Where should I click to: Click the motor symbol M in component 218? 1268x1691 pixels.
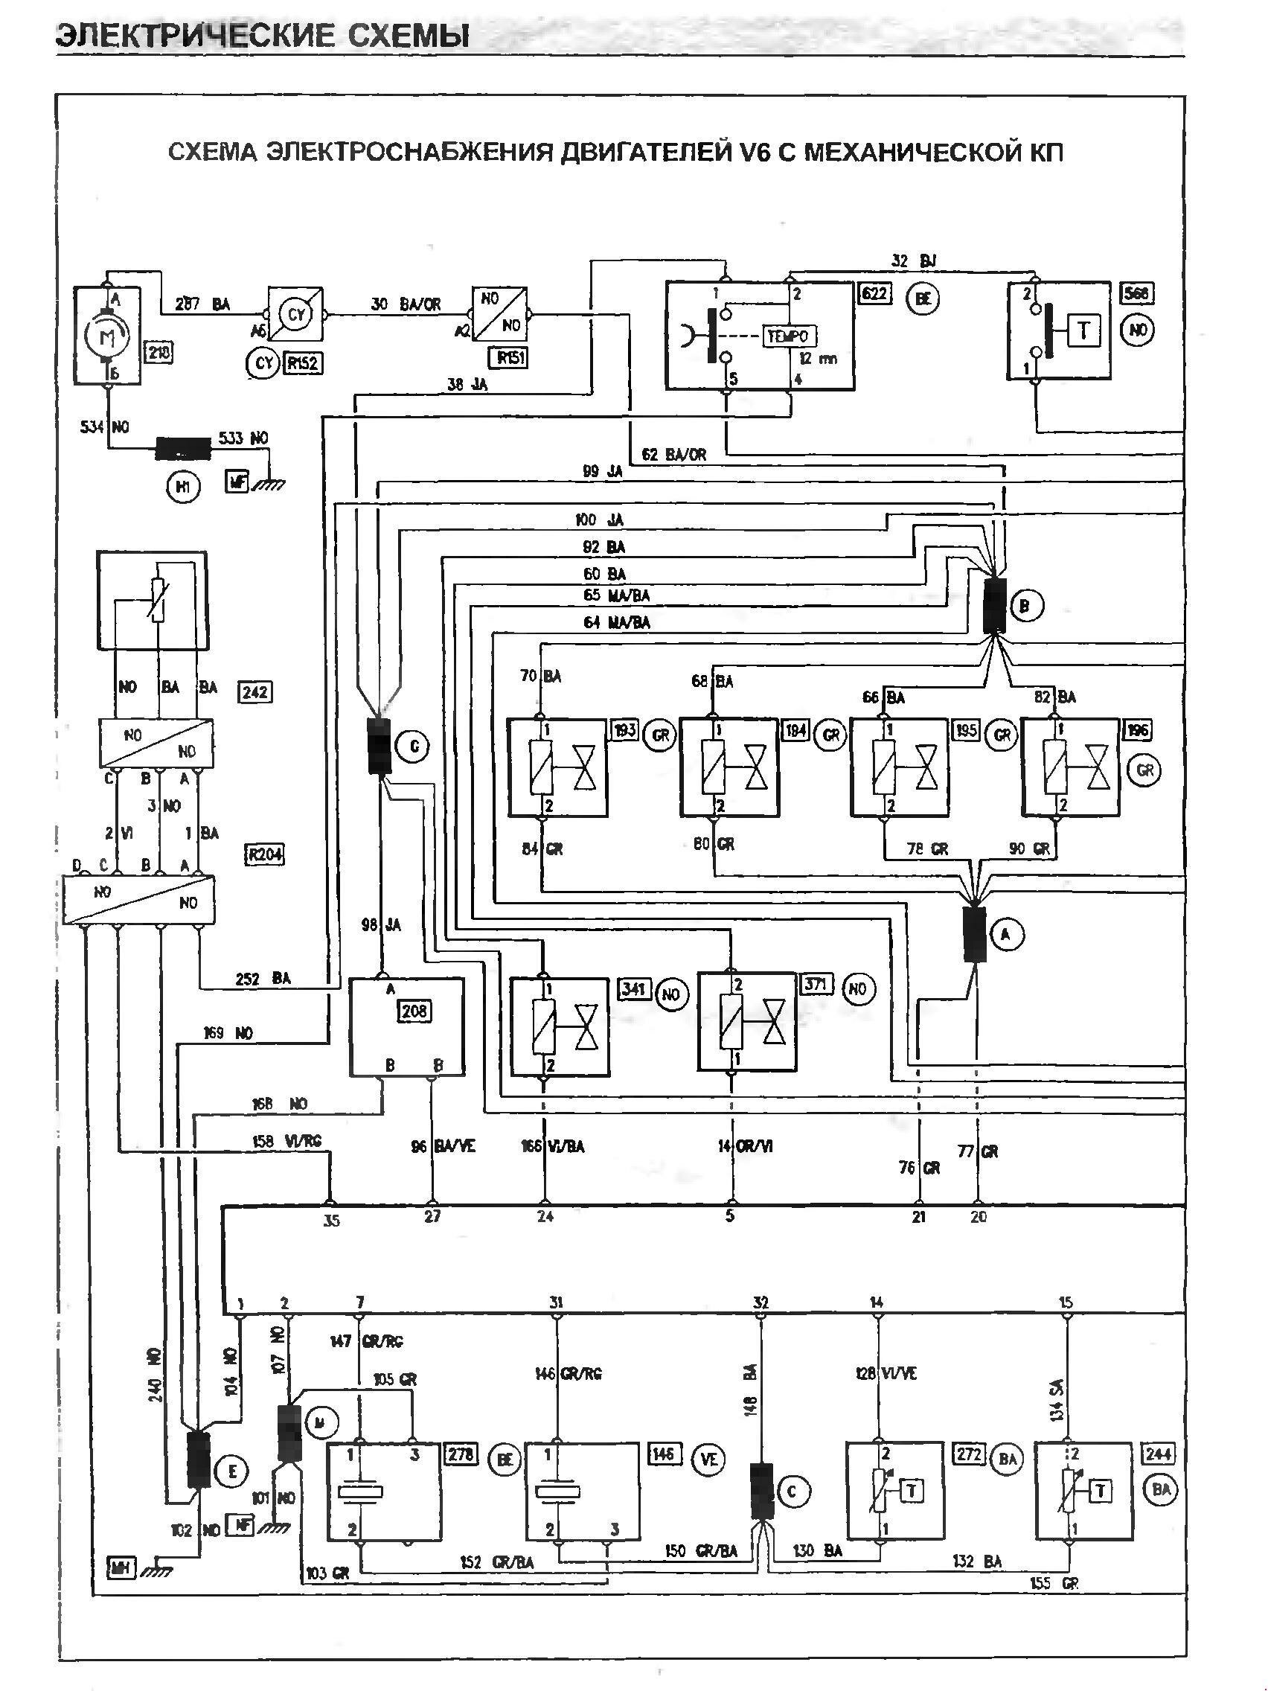(106, 336)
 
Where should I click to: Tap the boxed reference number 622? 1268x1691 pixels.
(874, 293)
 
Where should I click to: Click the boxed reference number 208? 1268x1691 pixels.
(414, 1011)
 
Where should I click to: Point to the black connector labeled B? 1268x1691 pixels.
(994, 605)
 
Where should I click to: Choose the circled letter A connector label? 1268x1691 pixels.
(1007, 934)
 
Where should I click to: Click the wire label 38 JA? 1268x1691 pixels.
(467, 385)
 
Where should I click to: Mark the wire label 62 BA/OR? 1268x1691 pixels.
(673, 454)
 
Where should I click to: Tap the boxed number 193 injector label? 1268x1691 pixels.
(624, 730)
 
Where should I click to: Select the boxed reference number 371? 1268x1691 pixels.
(816, 985)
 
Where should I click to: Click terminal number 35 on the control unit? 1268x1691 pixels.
(330, 1221)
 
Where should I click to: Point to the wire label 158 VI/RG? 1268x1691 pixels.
(286, 1163)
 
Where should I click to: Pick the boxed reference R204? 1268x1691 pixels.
(263, 854)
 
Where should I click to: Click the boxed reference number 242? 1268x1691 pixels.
(254, 692)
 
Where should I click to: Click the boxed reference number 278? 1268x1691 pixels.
(461, 1454)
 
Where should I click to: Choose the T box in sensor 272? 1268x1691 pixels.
(912, 1490)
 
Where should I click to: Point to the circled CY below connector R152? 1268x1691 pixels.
(263, 364)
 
